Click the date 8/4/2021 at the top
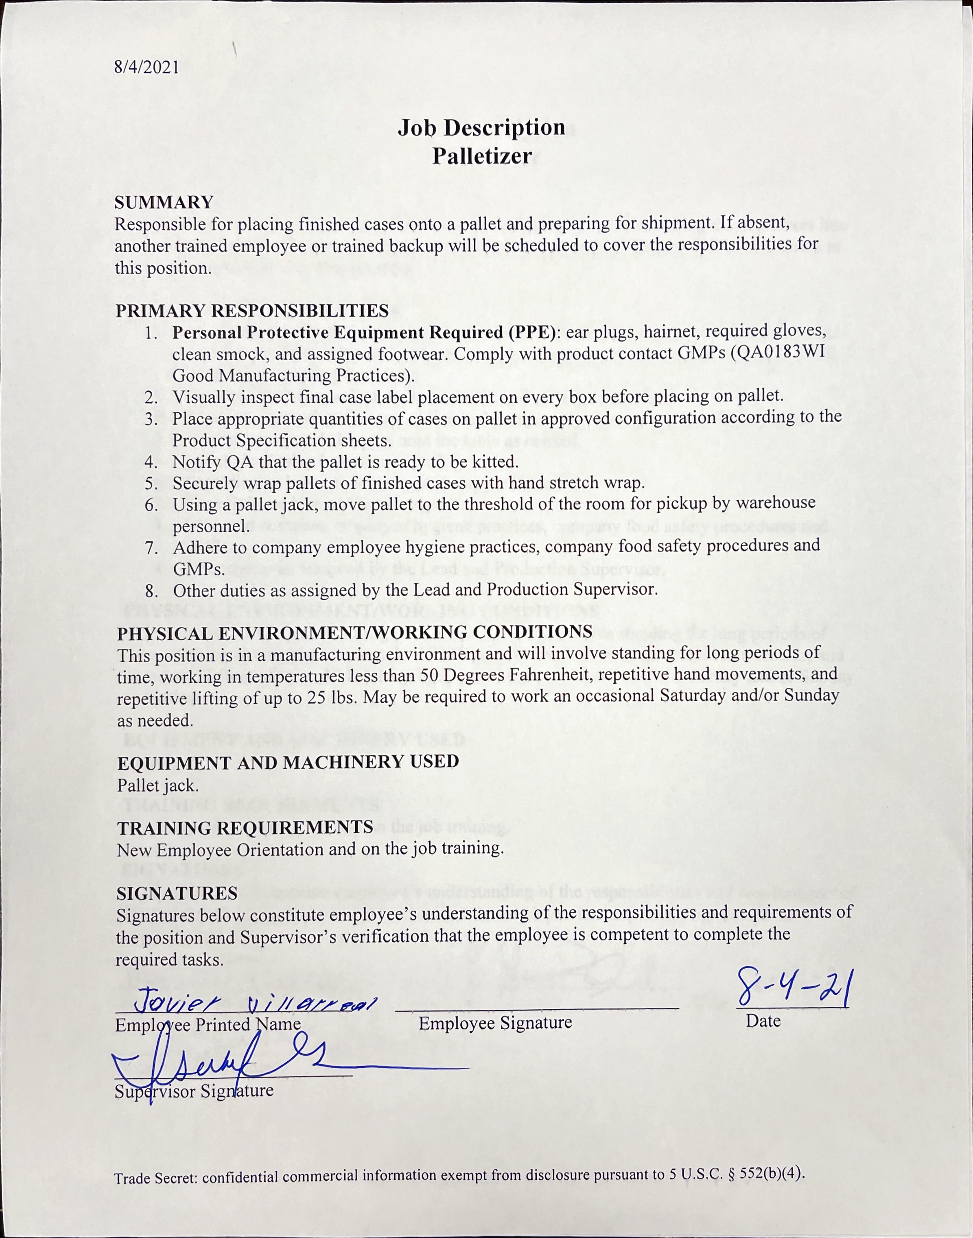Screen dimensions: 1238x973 [146, 67]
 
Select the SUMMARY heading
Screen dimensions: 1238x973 [164, 202]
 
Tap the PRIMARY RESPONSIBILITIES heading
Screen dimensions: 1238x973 [252, 311]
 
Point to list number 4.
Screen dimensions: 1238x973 [151, 462]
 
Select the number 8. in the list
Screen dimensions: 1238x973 [151, 590]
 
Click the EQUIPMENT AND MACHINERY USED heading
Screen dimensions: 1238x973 [288, 762]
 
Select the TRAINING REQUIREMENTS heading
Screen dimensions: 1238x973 [245, 827]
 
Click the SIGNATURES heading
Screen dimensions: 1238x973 [177, 893]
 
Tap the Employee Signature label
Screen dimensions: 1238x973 [494, 1023]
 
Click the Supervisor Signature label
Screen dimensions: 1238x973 [194, 1091]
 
